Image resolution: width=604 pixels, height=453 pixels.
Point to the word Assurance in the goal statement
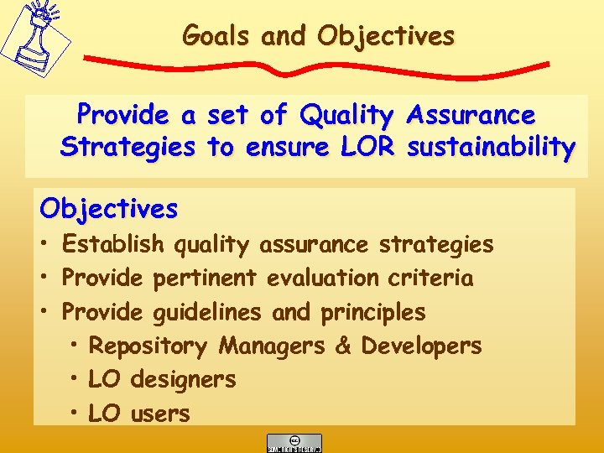coord(470,114)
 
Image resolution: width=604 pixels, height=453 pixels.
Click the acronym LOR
coord(367,148)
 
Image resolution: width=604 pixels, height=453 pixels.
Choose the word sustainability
coord(491,148)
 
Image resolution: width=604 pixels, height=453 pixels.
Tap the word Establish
coord(114,244)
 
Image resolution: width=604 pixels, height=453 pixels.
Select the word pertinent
coord(206,278)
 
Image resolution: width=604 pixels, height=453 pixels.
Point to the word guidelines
coord(207,312)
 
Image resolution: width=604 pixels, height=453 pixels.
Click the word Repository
coord(148,346)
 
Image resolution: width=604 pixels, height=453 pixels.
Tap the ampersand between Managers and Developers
coord(342,346)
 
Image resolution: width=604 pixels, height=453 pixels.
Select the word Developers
coord(421,346)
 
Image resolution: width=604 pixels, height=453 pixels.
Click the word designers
coord(183,379)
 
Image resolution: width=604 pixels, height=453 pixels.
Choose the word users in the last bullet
coord(160,414)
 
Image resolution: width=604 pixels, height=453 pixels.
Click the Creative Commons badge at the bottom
coord(294,443)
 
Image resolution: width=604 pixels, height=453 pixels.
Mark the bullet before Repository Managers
coord(75,346)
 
